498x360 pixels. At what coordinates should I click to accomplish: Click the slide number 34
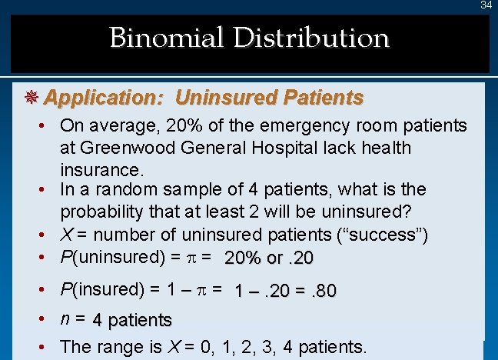(x=486, y=5)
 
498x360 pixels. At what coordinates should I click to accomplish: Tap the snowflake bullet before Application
(x=32, y=98)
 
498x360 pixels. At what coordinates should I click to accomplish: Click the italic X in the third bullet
(x=66, y=234)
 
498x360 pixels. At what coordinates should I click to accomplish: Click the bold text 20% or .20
(x=269, y=258)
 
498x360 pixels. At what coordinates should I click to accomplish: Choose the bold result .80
(x=321, y=292)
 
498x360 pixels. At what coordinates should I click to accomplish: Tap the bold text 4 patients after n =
(x=131, y=319)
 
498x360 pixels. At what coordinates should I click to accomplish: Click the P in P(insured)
(x=65, y=290)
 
